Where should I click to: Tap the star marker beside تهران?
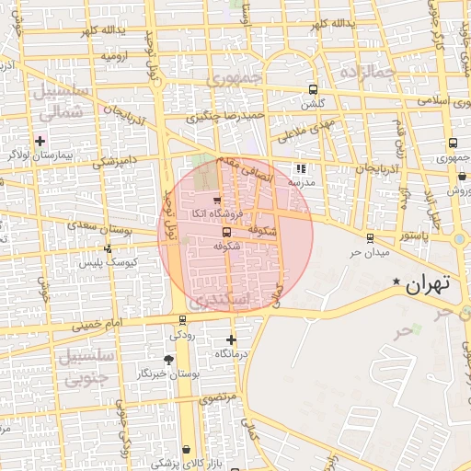coord(396,281)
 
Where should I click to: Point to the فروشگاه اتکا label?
coord(212,213)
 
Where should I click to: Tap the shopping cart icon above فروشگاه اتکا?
coord(217,200)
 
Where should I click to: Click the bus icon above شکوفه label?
coord(226,232)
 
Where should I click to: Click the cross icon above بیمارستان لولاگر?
coord(40,140)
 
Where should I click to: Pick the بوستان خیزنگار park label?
coord(167,374)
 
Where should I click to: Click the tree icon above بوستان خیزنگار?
coord(167,360)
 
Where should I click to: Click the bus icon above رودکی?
coord(182,320)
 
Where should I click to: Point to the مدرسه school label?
coord(301,182)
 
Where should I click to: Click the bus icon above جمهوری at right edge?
coord(453,143)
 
